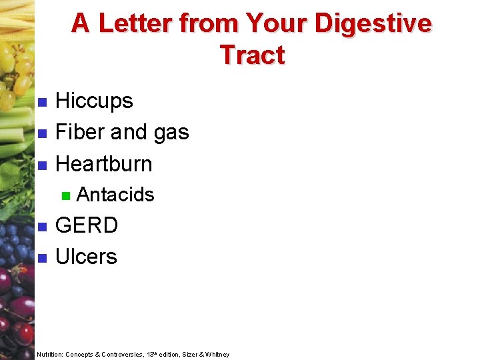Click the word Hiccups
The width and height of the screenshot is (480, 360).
pos(94,101)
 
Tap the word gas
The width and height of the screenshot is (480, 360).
pos(171,133)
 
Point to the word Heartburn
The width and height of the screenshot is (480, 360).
pos(103,163)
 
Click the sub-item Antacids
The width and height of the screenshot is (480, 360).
pos(115,195)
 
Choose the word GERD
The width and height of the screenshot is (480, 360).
pos(87,225)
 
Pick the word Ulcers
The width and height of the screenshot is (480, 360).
pos(86,257)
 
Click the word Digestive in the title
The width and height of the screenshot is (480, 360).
pos(373,23)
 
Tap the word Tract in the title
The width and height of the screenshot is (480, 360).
pos(252,55)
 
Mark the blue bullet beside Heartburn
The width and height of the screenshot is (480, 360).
pos(41,165)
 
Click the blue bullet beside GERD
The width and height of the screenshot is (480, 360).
pos(41,227)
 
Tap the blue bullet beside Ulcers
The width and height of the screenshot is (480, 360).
pos(41,258)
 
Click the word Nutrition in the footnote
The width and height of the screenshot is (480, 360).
pos(50,355)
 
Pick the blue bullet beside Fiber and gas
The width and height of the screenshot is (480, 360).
pos(41,133)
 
